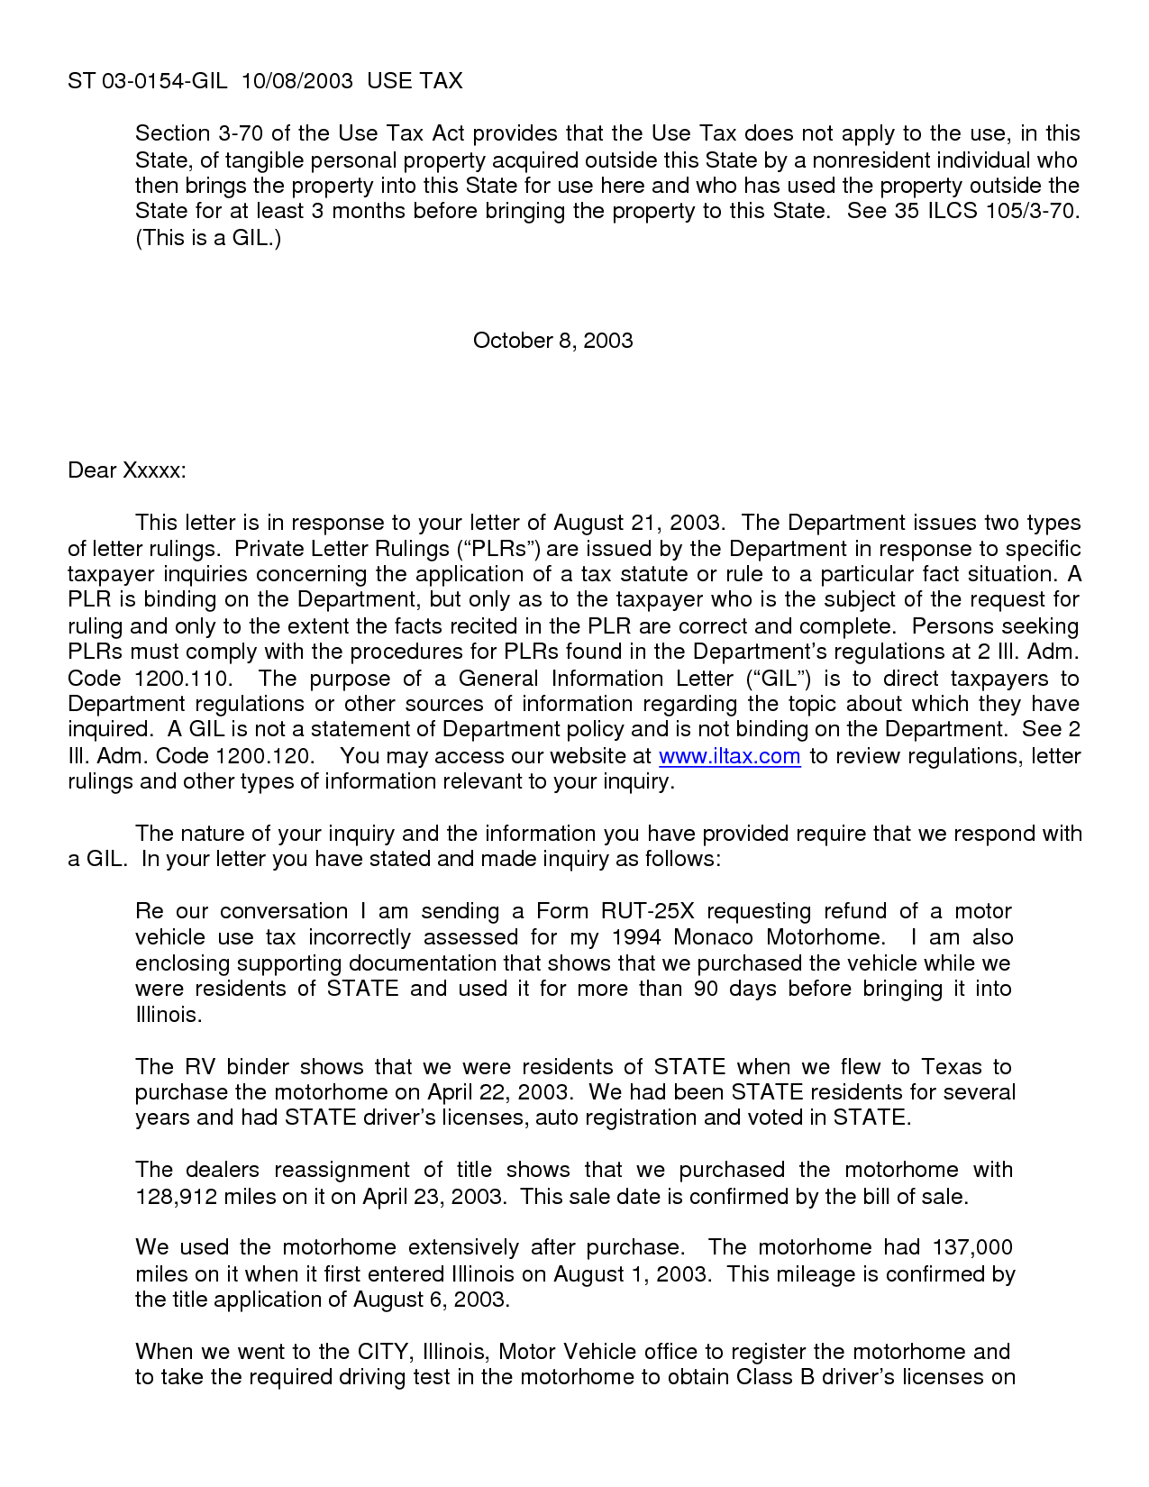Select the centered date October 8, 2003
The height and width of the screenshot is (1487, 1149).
[x=552, y=341]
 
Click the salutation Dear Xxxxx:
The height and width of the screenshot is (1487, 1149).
[x=126, y=470]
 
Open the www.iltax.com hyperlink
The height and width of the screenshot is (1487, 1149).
[x=729, y=756]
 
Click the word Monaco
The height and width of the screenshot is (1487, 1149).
[x=713, y=937]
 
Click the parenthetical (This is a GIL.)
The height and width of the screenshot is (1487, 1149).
[x=208, y=239]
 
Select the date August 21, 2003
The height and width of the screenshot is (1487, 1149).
[x=637, y=524]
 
